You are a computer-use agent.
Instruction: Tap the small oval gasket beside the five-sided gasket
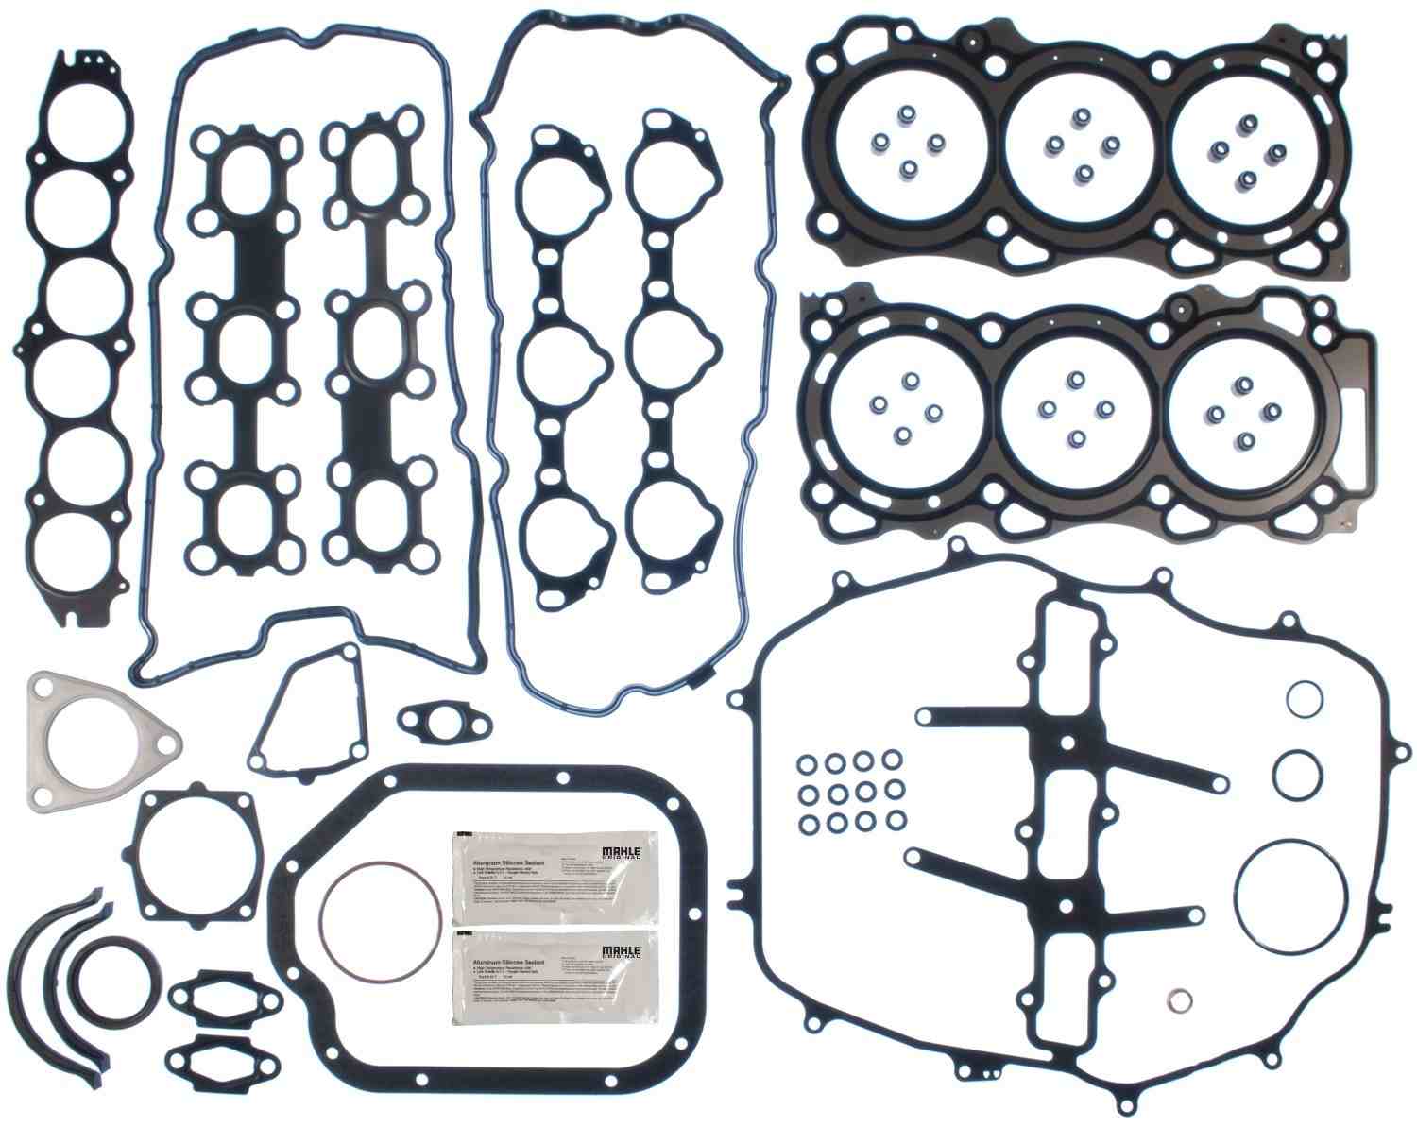(x=445, y=723)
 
